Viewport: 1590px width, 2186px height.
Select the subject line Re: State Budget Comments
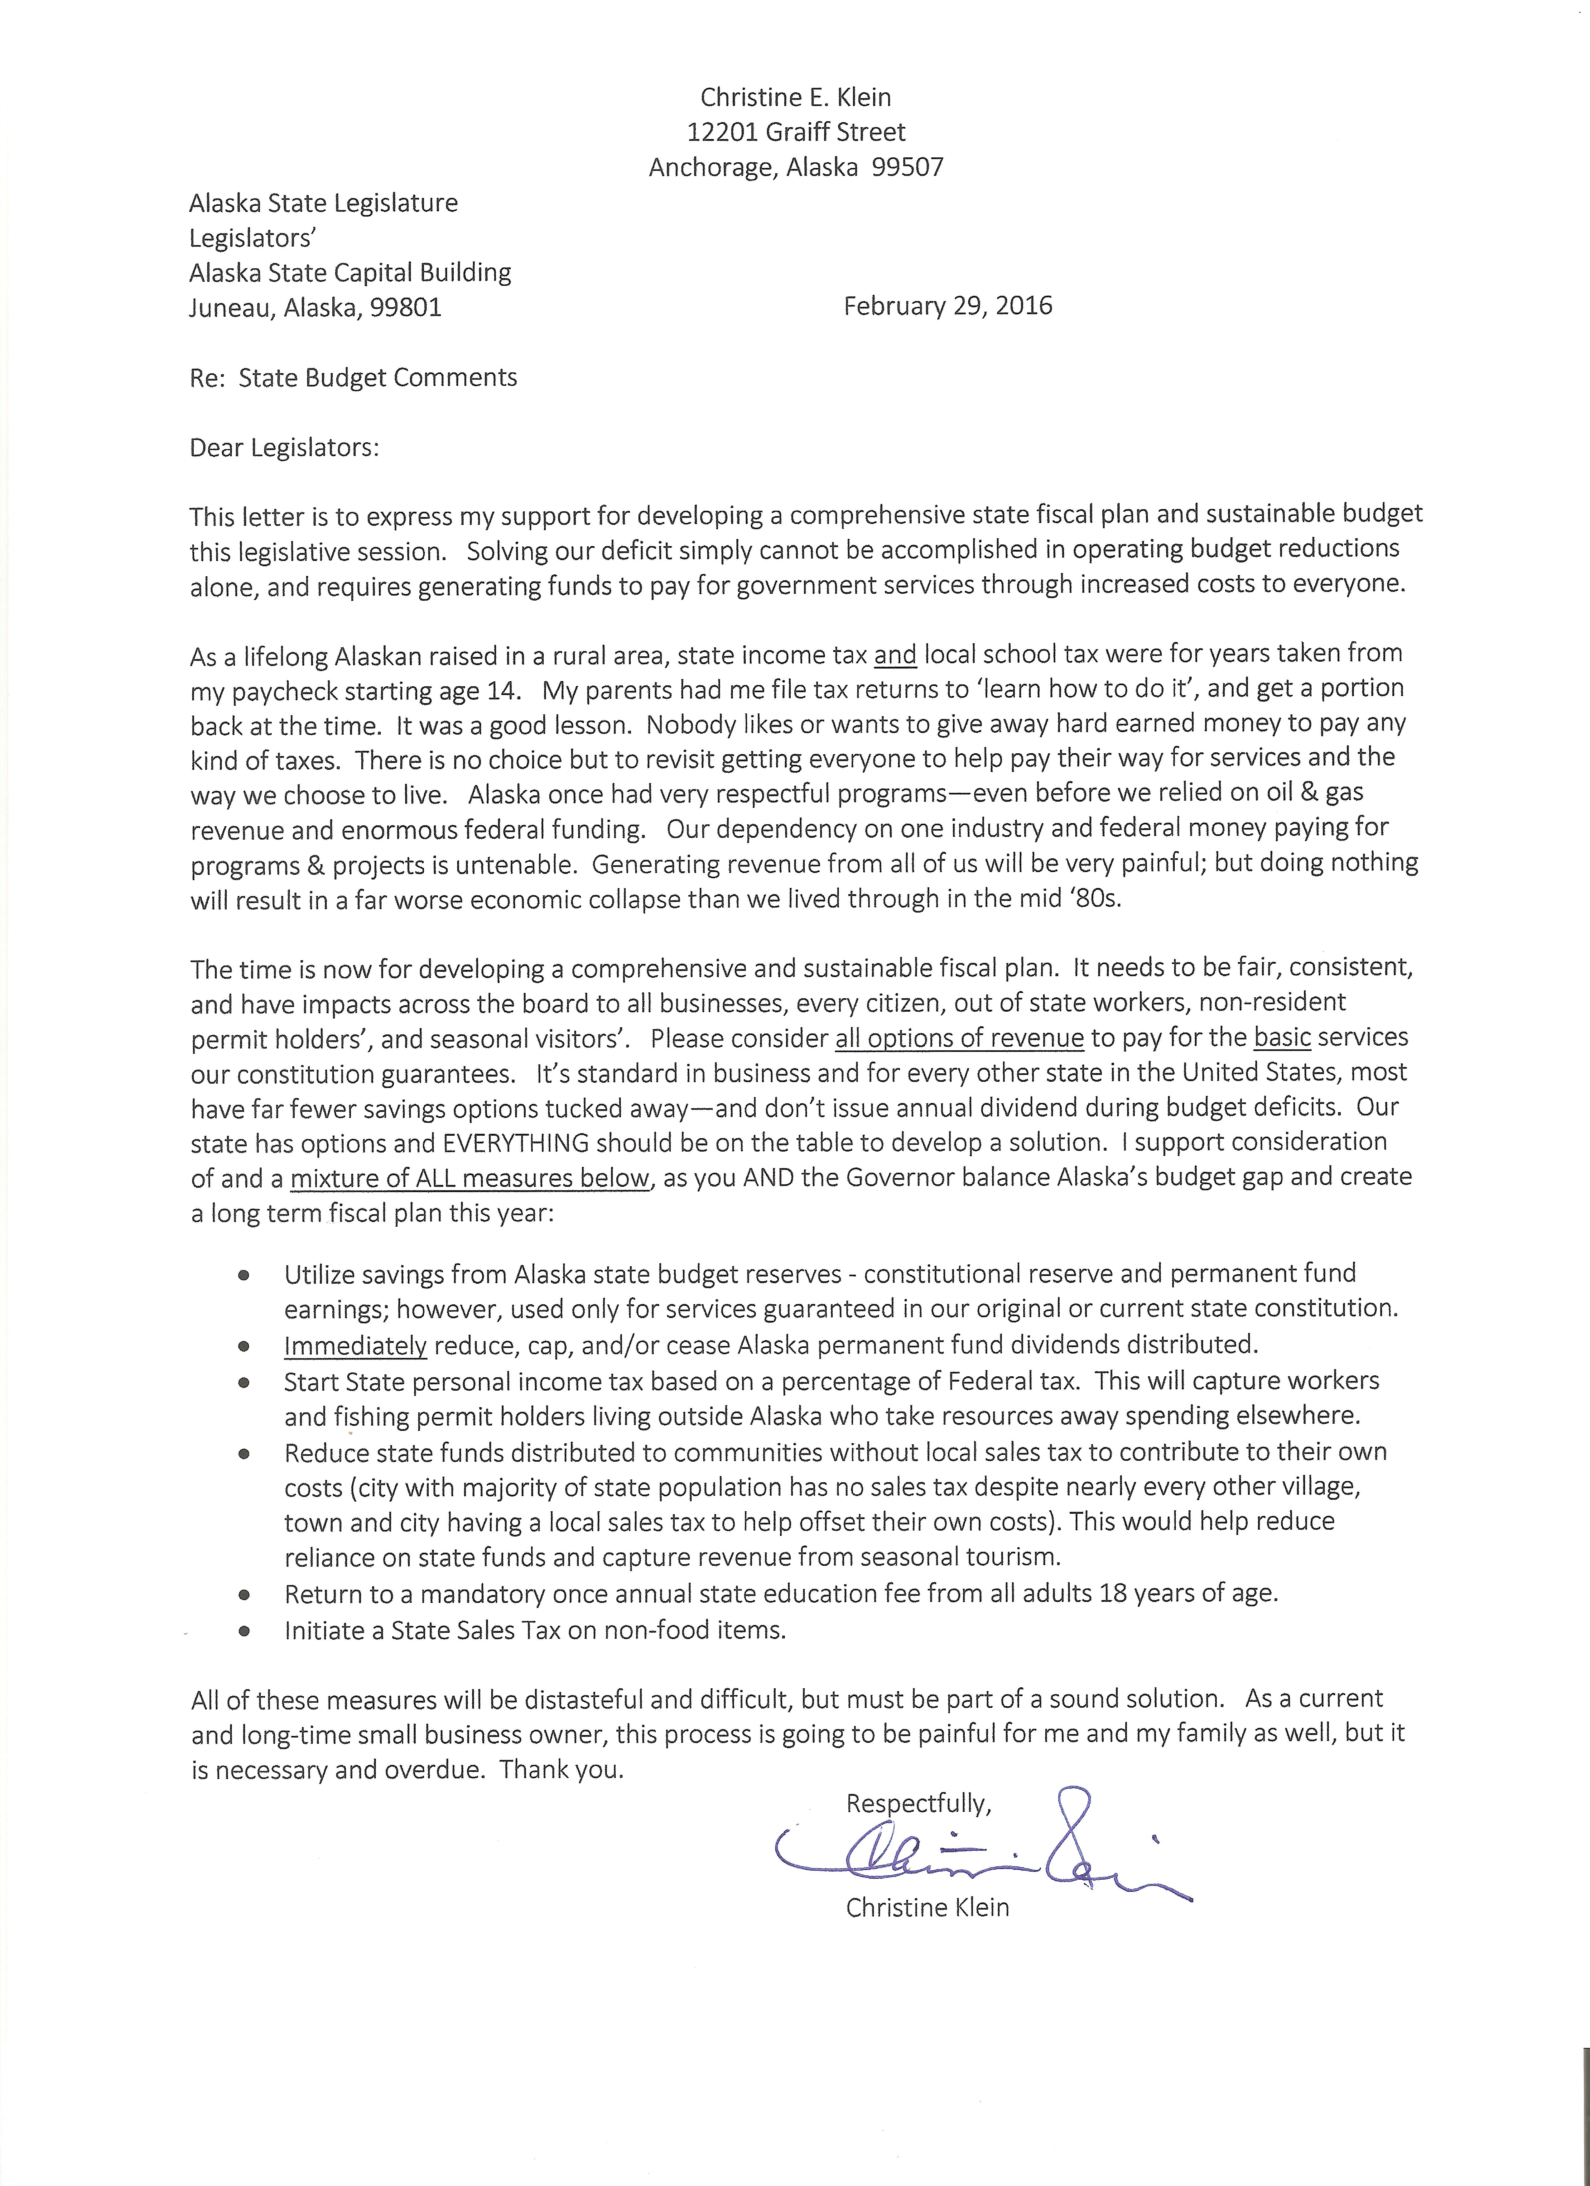click(x=353, y=378)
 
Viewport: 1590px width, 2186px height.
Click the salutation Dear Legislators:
click(x=284, y=448)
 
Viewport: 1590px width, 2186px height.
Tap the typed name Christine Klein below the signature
click(x=927, y=1907)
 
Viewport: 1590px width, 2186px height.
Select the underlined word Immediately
click(x=355, y=1345)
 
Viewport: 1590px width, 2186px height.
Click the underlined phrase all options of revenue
click(x=959, y=1038)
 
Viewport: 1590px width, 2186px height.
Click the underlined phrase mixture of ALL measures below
click(x=470, y=1178)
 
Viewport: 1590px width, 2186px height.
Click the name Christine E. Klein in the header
click(x=796, y=97)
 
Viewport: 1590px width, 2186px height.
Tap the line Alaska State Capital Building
click(x=350, y=273)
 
